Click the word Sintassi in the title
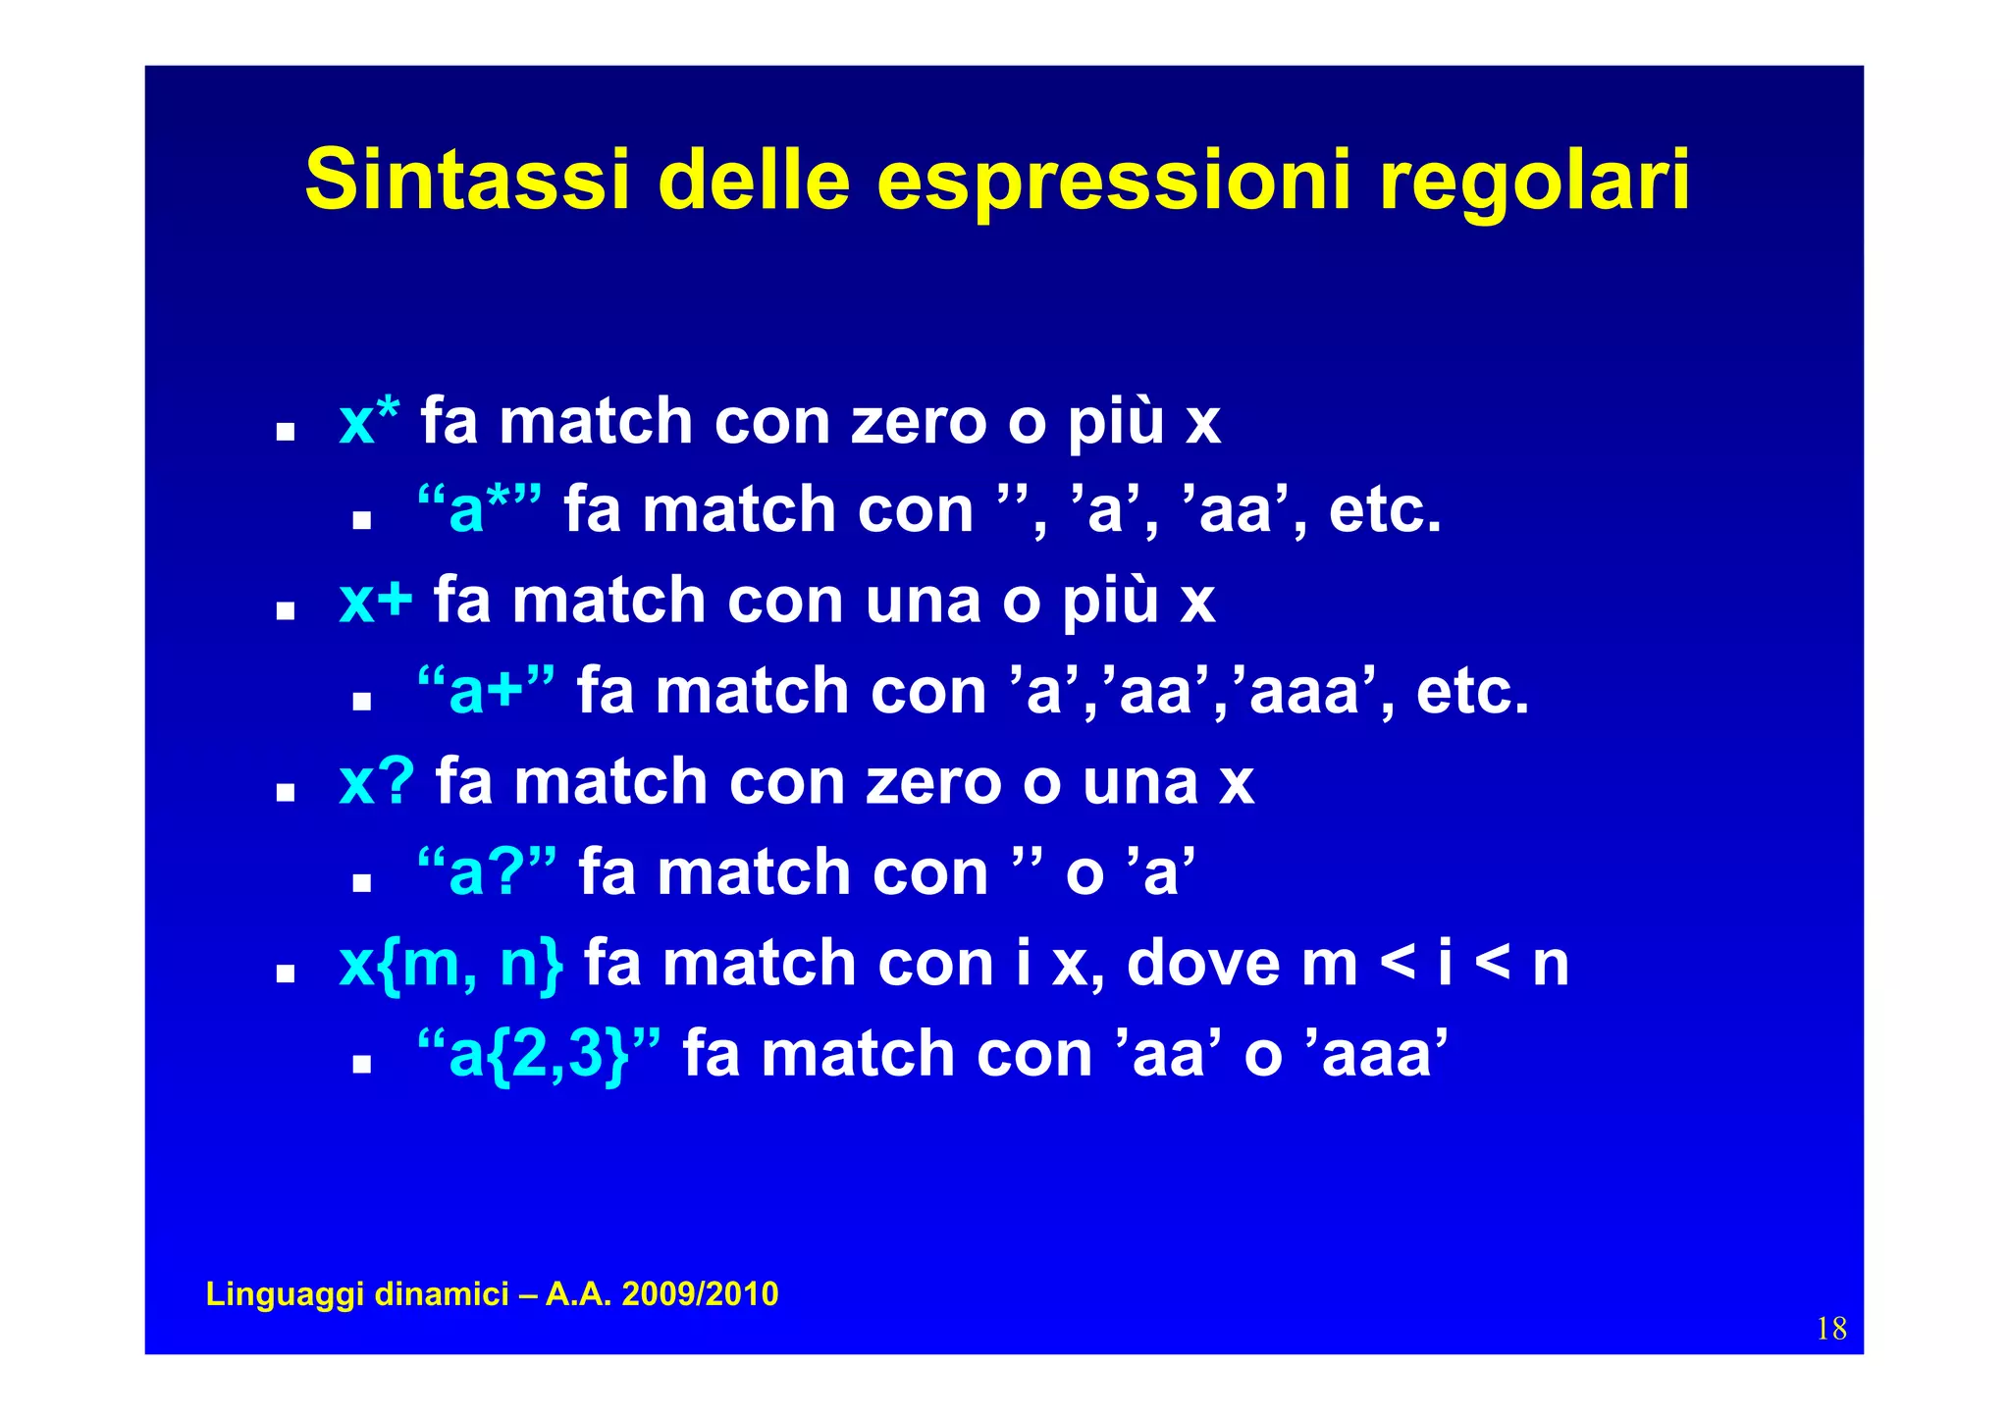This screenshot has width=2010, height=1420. pos(466,180)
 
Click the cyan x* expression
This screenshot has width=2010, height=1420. pos(369,422)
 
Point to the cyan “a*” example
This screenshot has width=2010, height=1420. pos(478,510)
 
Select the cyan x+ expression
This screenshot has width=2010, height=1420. pos(375,601)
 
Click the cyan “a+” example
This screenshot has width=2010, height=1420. pos(485,691)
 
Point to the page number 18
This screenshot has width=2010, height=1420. pos(1831,1329)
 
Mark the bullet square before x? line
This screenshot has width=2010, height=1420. pos(286,791)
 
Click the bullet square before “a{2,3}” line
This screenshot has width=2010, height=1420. pos(362,1063)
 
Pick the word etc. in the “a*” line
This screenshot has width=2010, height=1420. pos(1385,510)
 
